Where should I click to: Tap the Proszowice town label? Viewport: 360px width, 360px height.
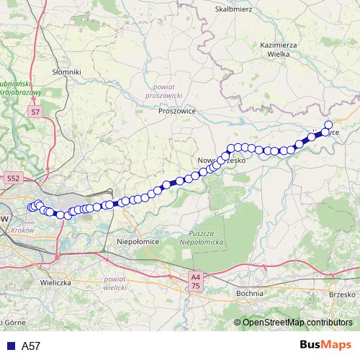(178, 112)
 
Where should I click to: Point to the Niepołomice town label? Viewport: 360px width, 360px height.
(138, 243)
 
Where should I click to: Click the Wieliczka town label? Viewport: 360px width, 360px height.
(55, 283)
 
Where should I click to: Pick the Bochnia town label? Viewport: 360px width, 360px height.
(250, 294)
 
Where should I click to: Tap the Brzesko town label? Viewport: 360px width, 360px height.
(342, 294)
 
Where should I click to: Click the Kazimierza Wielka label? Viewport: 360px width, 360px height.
(274, 48)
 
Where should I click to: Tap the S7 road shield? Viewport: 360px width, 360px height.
(35, 112)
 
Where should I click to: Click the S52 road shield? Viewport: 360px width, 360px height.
(14, 178)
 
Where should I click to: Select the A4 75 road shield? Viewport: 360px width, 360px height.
(195, 280)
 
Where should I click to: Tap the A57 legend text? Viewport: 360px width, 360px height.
(31, 346)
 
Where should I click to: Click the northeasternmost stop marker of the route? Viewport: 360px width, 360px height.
(328, 125)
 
